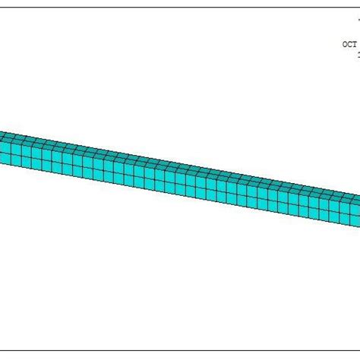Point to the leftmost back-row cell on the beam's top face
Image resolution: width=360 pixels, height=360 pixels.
pos(4,134)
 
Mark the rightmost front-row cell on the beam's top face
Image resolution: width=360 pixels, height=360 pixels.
pos(355,201)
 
